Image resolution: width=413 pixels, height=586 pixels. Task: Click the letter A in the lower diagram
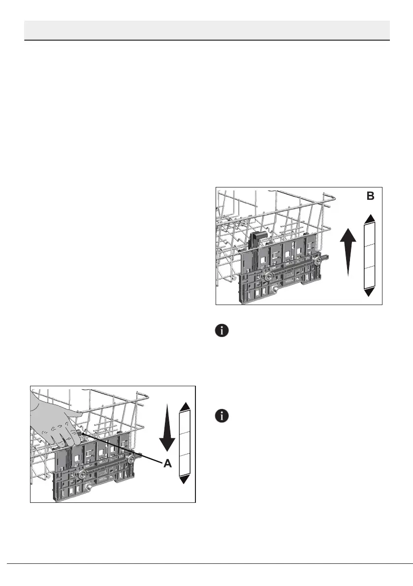coord(167,463)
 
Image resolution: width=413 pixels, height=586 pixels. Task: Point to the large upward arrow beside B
coord(348,251)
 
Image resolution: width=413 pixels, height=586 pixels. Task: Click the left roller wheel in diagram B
coord(269,278)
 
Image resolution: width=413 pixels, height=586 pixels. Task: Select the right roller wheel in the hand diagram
coord(131,459)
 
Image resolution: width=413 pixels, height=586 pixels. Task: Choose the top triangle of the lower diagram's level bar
coord(185,406)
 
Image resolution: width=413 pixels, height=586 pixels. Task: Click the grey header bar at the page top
coord(207,30)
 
